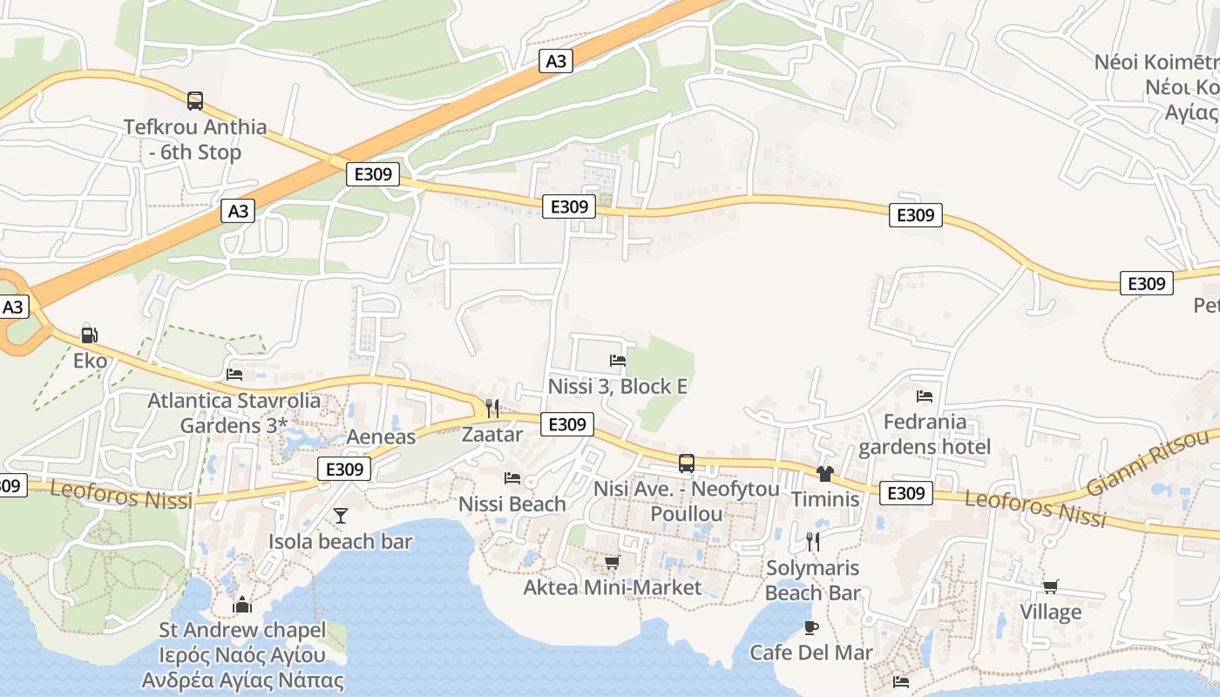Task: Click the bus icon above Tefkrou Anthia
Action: (195, 101)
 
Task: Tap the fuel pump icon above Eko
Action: (88, 334)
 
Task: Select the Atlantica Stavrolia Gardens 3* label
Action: (234, 414)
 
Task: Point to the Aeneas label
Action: (381, 436)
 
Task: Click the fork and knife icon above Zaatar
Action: (492, 409)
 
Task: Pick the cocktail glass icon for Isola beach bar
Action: (341, 516)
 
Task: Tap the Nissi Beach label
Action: (512, 504)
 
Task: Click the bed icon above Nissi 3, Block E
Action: (618, 361)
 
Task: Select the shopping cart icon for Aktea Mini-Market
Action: (612, 562)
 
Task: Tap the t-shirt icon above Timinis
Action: (824, 474)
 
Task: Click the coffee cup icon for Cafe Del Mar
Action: (811, 627)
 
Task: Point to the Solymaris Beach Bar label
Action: (813, 580)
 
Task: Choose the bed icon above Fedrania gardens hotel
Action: (925, 396)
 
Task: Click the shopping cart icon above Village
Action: (1051, 586)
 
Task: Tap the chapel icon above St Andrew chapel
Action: (242, 604)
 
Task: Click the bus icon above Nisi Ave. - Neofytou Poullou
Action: (687, 464)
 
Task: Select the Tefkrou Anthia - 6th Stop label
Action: (195, 139)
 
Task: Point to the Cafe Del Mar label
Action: (811, 652)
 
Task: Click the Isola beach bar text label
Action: (340, 541)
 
